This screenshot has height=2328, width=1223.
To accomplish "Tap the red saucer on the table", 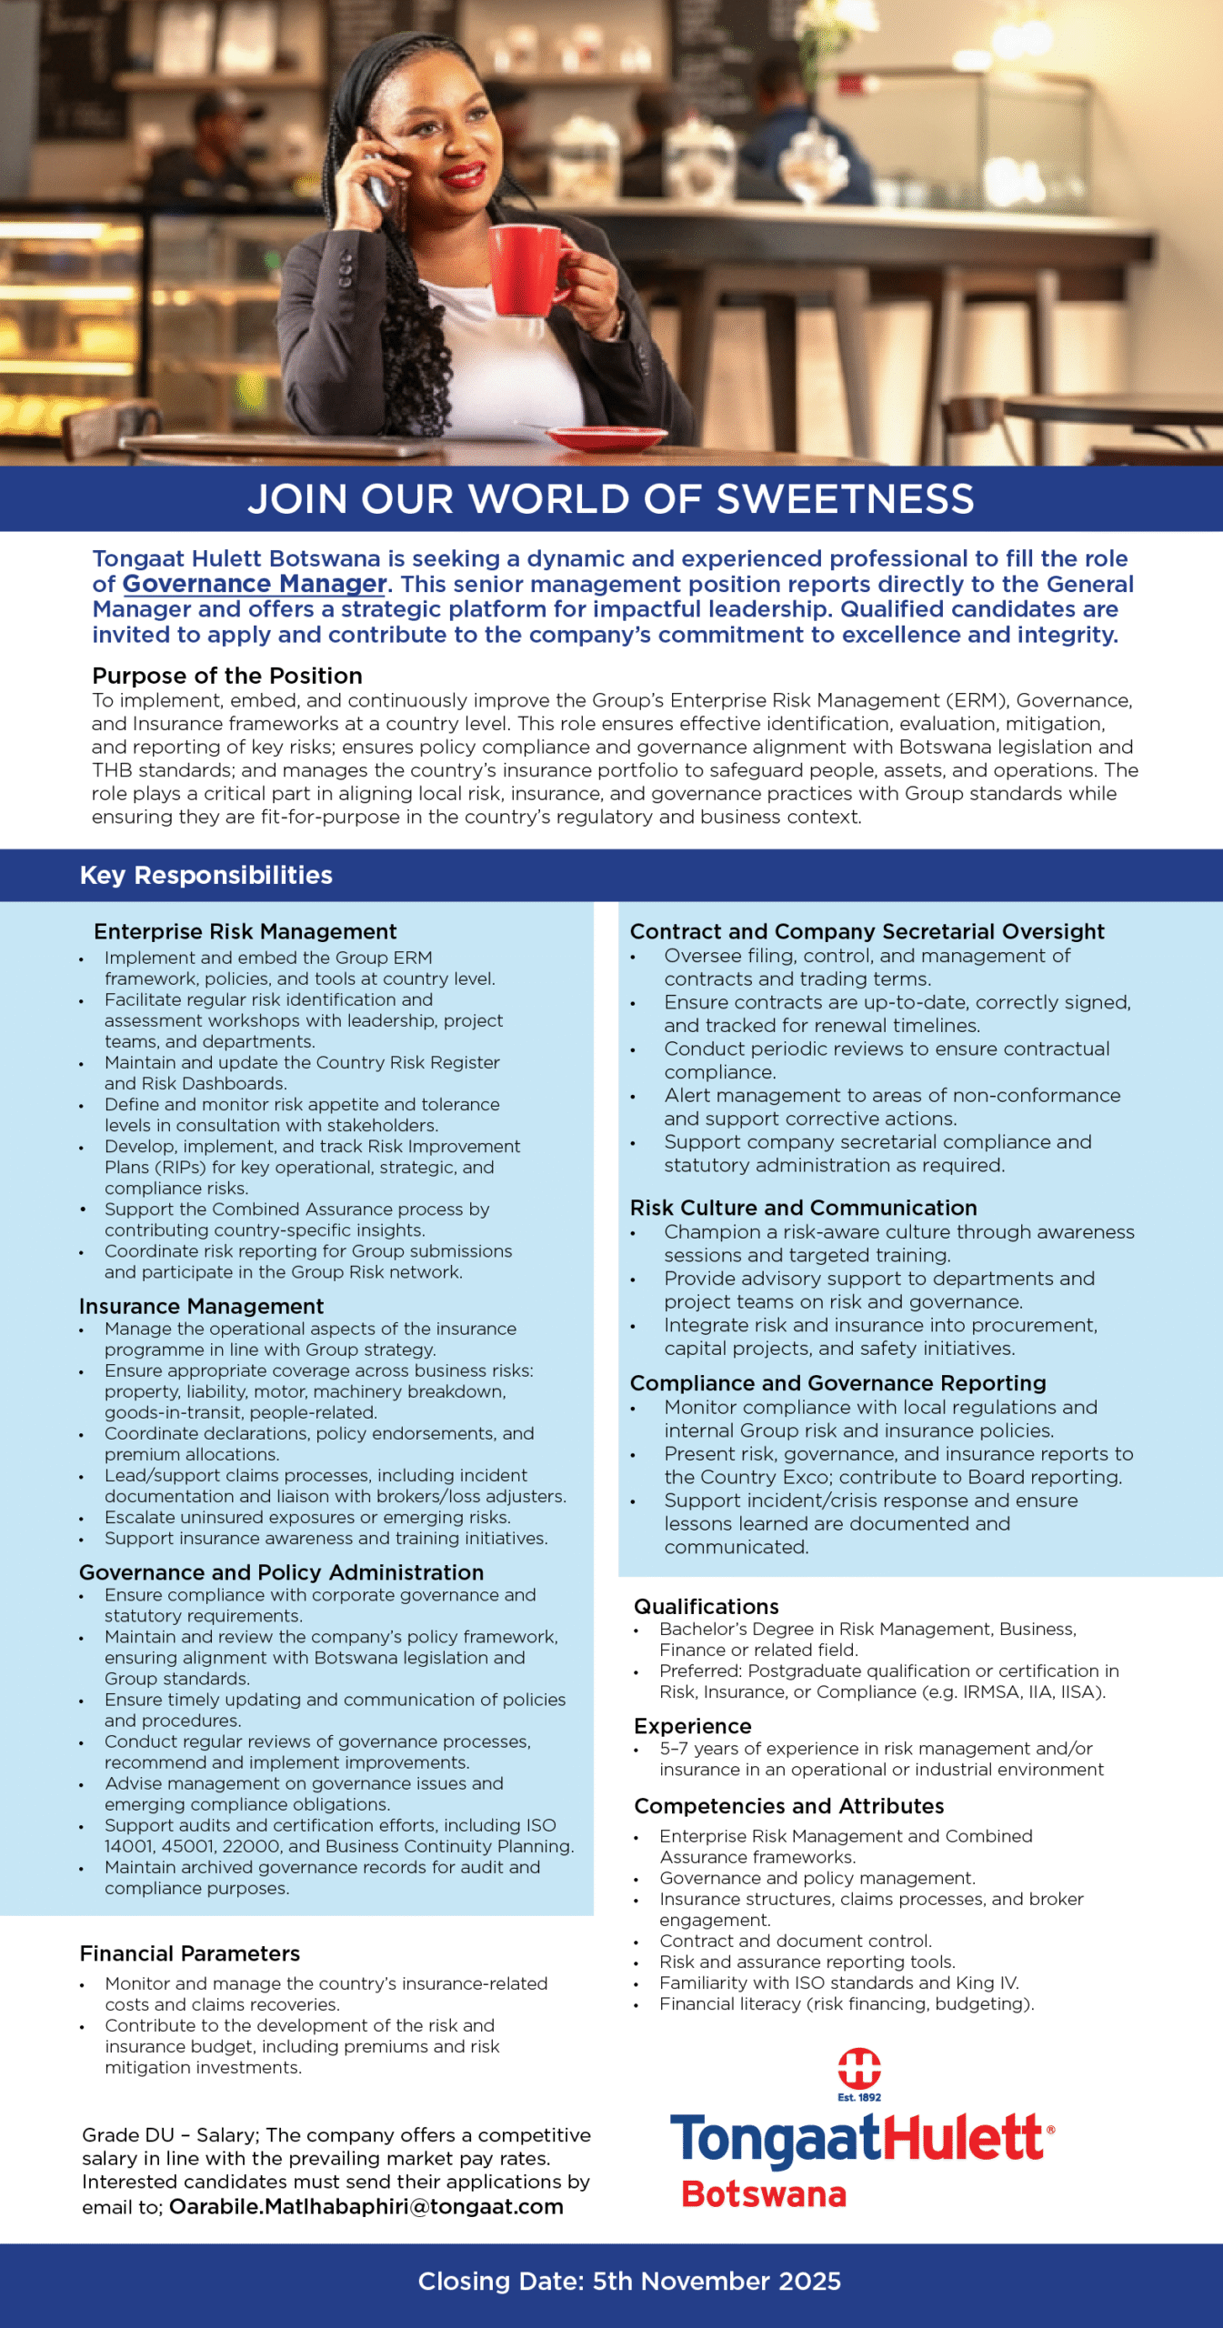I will [606, 437].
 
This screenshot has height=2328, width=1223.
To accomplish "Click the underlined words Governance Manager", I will [255, 584].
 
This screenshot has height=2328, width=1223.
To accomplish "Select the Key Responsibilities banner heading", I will [206, 875].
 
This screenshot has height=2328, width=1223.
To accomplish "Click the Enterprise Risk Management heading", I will [246, 931].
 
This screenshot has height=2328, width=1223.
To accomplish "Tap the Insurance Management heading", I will [201, 1306].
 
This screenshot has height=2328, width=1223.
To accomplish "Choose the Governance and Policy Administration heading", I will [281, 1572].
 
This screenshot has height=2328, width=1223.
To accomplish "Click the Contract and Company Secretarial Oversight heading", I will [867, 931].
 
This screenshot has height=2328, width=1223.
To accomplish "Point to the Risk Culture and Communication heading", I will [803, 1208].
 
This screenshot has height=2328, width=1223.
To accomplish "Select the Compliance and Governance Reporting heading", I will [837, 1383].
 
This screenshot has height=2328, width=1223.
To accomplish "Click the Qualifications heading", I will [707, 1606].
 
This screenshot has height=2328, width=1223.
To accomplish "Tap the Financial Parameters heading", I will [189, 1953].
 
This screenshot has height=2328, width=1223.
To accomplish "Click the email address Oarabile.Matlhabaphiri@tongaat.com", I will [366, 2207].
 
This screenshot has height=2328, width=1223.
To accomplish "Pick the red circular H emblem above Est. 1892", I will [859, 2069].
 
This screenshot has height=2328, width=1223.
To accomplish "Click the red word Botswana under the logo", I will [764, 2194].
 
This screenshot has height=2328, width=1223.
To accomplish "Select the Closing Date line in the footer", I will [629, 2282].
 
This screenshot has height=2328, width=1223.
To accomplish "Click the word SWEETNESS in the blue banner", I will [845, 499].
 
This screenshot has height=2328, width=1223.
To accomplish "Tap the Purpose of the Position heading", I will [227, 676].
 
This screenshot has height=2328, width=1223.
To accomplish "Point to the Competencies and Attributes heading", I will [788, 1806].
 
